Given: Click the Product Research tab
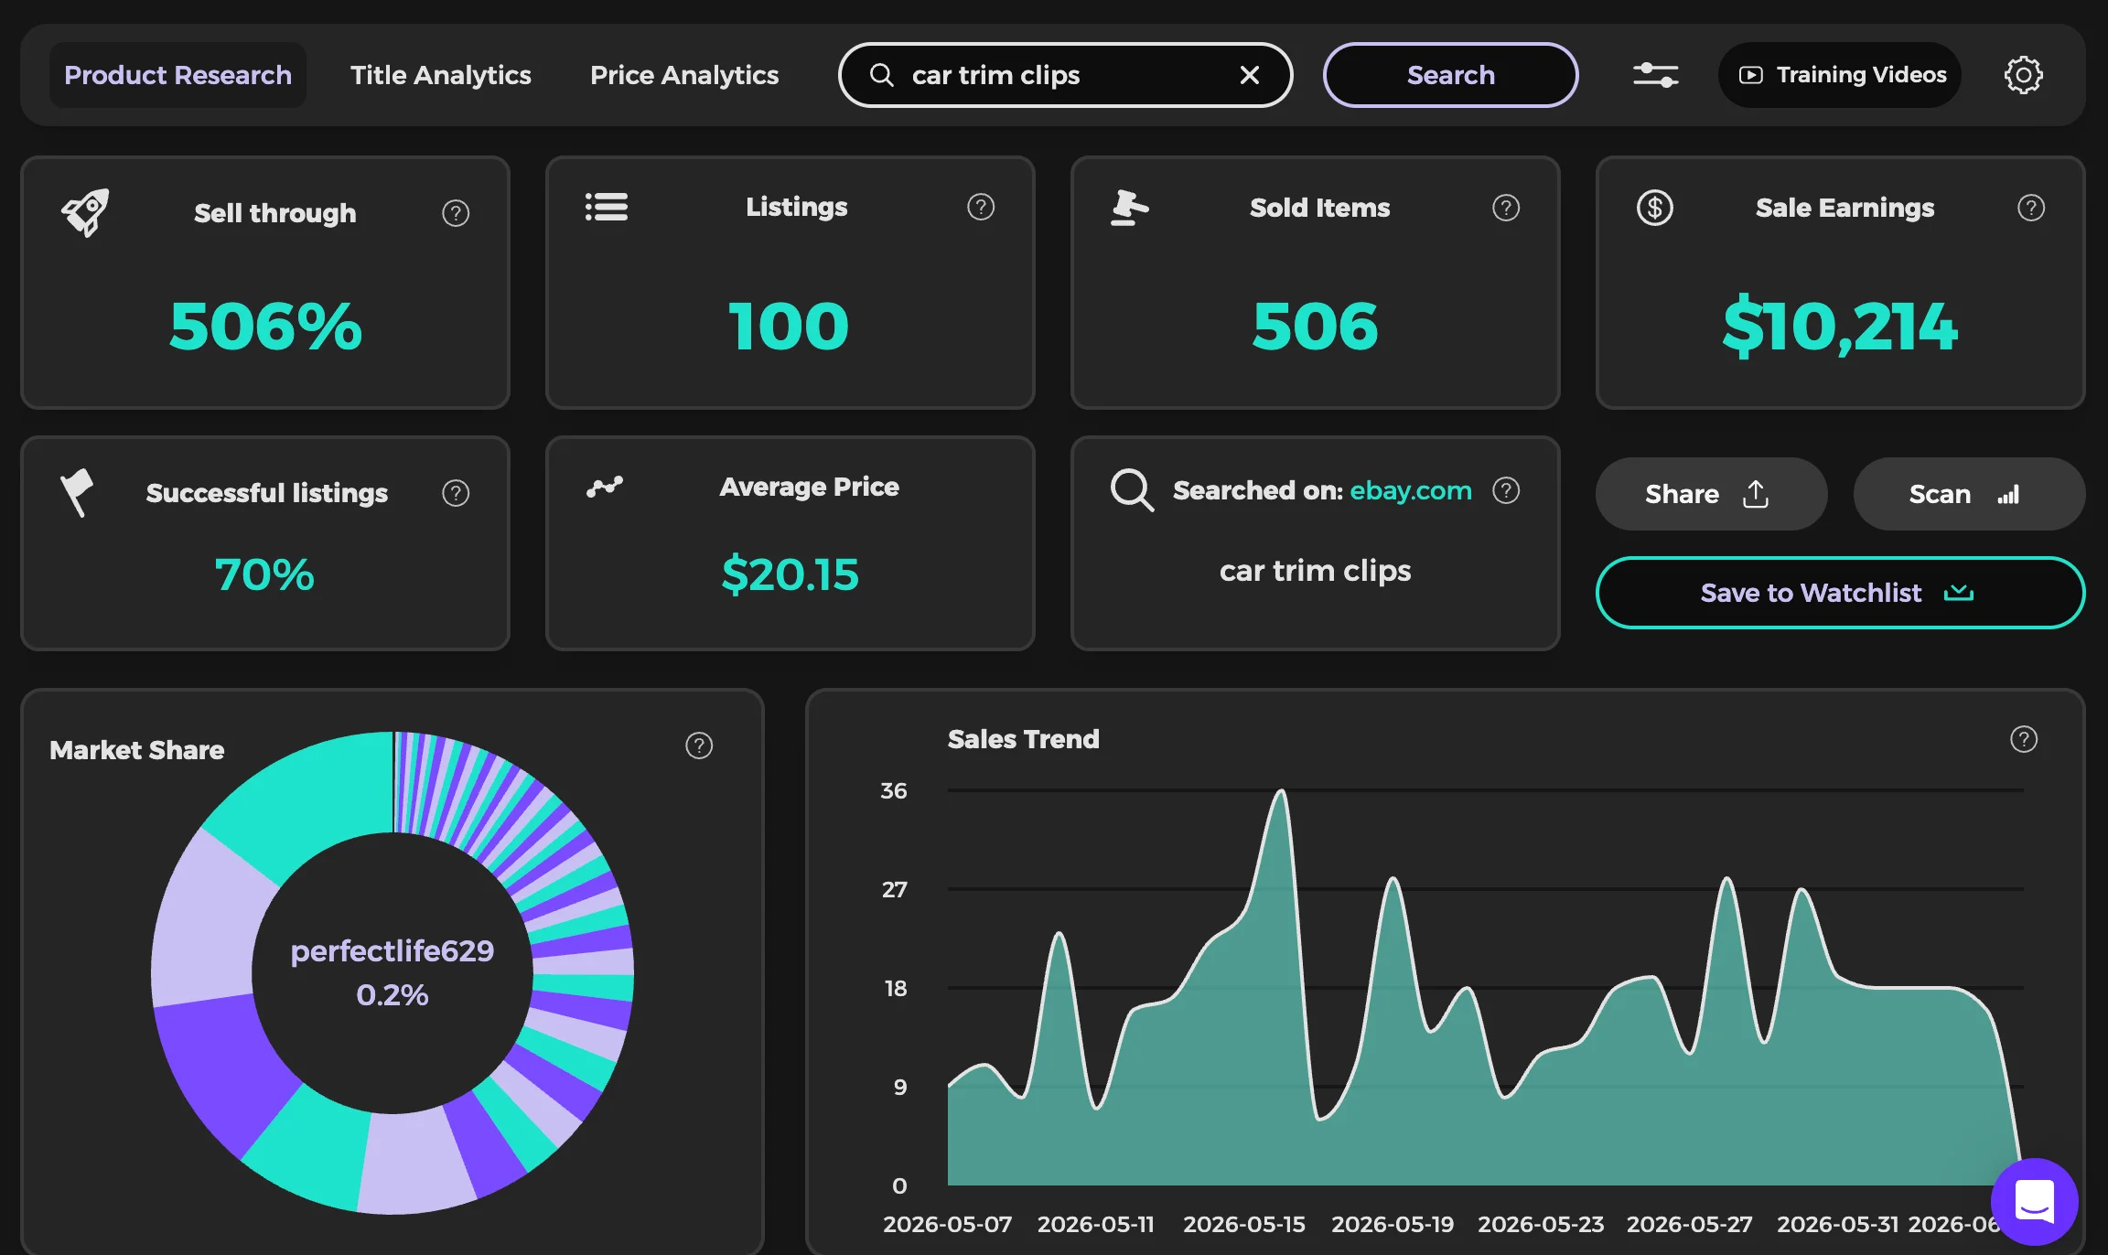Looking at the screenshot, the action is coord(177,75).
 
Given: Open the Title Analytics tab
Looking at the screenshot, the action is coord(440,75).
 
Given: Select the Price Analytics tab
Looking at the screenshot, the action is coord(684,75).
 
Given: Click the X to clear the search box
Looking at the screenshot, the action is coord(1250,75).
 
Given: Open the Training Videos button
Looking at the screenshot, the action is coord(1840,75).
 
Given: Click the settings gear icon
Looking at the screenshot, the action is coord(2023,75).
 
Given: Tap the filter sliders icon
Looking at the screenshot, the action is coord(1656,75).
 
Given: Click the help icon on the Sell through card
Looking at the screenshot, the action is coord(456,213).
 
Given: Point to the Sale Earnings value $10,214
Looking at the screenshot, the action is coord(1840,327).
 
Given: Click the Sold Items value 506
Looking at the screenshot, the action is coord(1315,327).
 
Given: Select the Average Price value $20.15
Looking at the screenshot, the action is coord(790,574).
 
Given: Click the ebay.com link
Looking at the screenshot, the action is coord(1411,490).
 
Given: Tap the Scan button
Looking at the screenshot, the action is coord(1969,494).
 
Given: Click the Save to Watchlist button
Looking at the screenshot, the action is coord(1840,593).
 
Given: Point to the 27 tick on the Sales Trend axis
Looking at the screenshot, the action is coord(895,889).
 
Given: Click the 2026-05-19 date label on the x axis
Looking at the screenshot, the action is coord(1393,1224).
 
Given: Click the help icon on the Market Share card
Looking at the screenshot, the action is coord(699,745).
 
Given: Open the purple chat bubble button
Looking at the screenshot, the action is coord(2035,1202).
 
